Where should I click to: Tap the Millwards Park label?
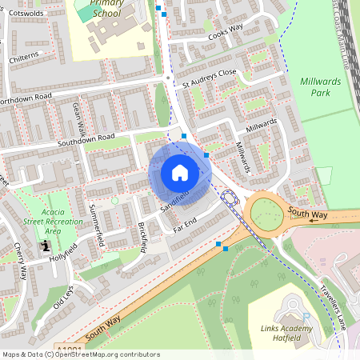click(320, 87)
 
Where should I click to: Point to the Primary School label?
click(106, 9)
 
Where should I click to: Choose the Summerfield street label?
click(97, 225)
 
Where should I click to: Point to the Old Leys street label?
click(63, 297)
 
